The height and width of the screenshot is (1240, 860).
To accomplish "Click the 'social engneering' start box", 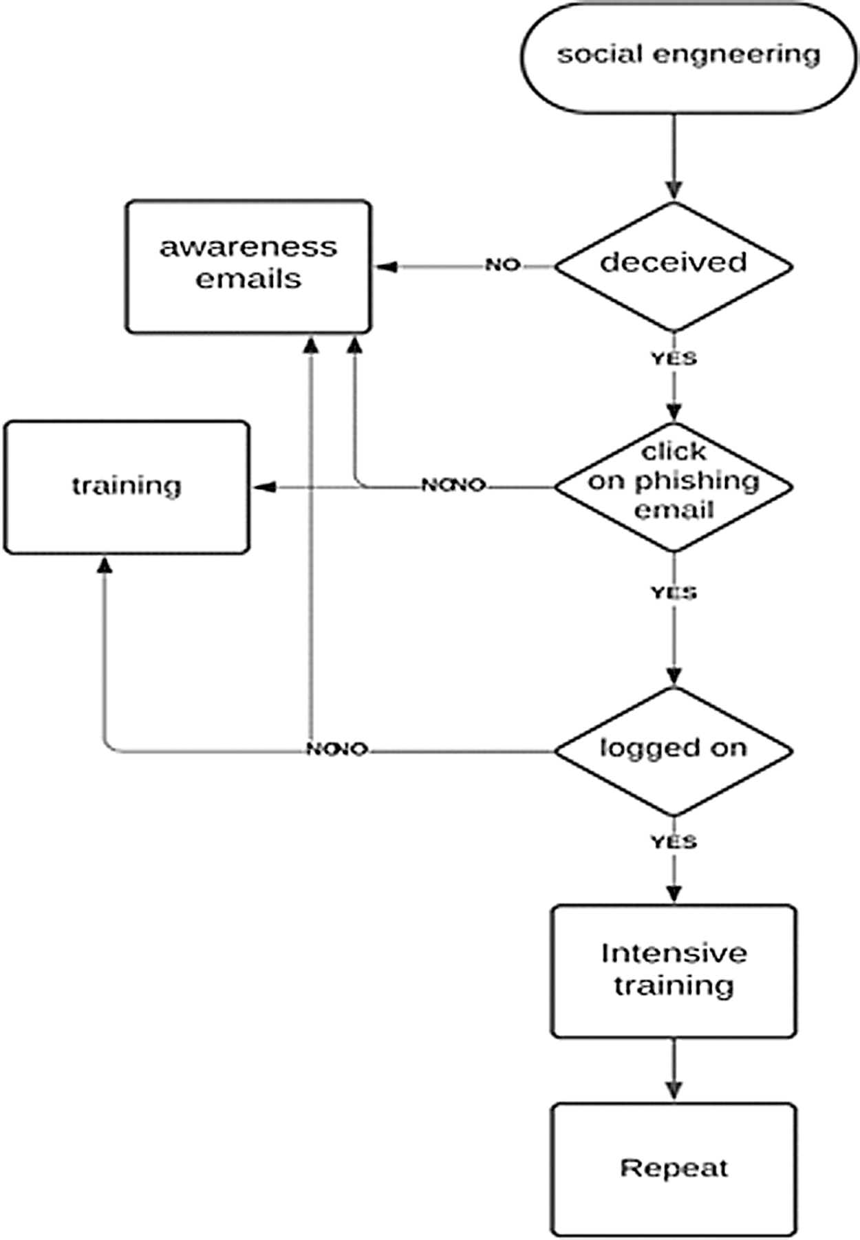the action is (688, 57).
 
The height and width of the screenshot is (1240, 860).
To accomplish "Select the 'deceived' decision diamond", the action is (674, 266).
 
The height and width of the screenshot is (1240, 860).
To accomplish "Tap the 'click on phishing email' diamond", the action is (674, 487).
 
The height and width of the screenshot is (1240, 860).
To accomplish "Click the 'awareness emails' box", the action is (248, 267).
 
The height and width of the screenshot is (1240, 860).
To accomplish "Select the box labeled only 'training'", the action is (127, 487).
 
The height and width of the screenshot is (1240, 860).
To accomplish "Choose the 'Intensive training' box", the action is (674, 971).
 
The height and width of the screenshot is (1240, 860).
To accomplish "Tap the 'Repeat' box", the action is (674, 1168).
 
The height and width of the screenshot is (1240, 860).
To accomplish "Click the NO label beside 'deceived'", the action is (503, 265).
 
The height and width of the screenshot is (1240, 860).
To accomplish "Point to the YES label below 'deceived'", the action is (674, 359).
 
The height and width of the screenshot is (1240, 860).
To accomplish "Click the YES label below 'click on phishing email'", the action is (674, 592).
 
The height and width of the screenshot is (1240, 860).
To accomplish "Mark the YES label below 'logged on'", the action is (674, 842).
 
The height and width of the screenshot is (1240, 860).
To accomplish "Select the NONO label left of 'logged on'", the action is (337, 749).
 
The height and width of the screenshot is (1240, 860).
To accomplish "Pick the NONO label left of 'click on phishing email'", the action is (454, 485).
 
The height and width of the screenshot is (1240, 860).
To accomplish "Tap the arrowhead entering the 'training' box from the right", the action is (264, 487).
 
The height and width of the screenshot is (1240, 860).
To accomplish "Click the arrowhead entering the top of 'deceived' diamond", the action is (674, 189).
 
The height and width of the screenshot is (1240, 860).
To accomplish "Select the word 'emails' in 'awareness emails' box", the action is (248, 279).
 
